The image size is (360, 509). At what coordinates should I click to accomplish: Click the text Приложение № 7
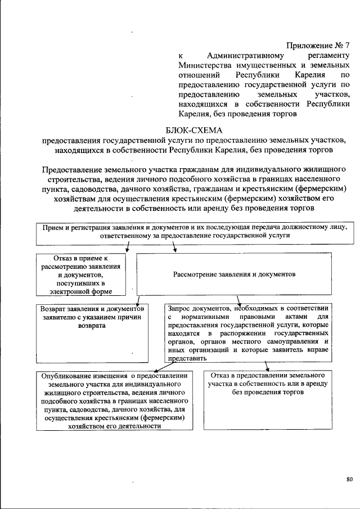(x=318, y=44)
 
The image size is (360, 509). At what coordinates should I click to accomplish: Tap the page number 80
(x=349, y=479)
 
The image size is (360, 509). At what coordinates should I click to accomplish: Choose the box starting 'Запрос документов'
(x=248, y=332)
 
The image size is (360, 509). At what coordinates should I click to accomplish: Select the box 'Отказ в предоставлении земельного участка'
(x=267, y=400)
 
